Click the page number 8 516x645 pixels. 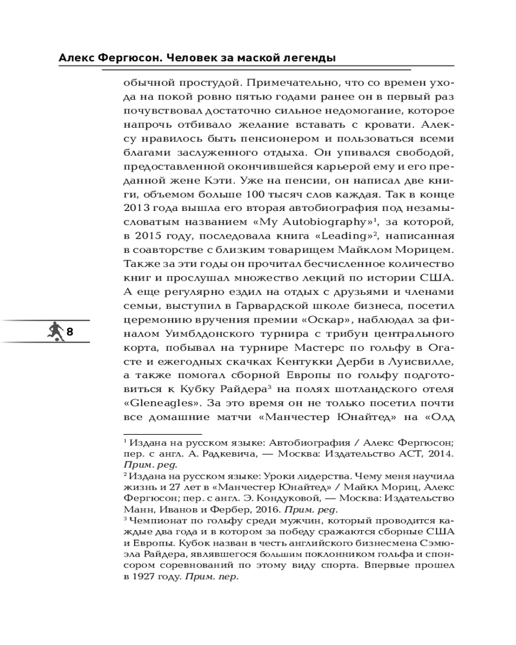pyautogui.click(x=70, y=332)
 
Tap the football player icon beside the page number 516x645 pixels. pyautogui.click(x=55, y=332)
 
